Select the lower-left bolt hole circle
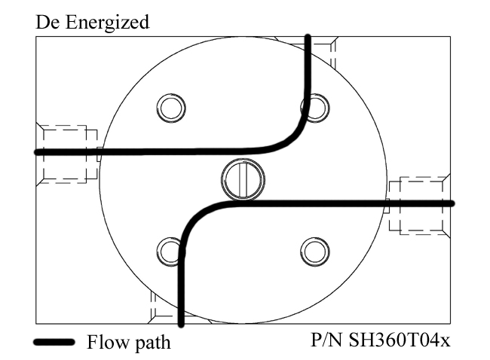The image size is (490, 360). point(170,249)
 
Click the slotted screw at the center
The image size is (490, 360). point(243,179)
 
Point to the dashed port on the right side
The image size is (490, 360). point(419,204)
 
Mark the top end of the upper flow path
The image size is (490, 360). point(308,38)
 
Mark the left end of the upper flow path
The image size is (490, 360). point(38,152)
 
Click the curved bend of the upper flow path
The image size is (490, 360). point(294,136)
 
